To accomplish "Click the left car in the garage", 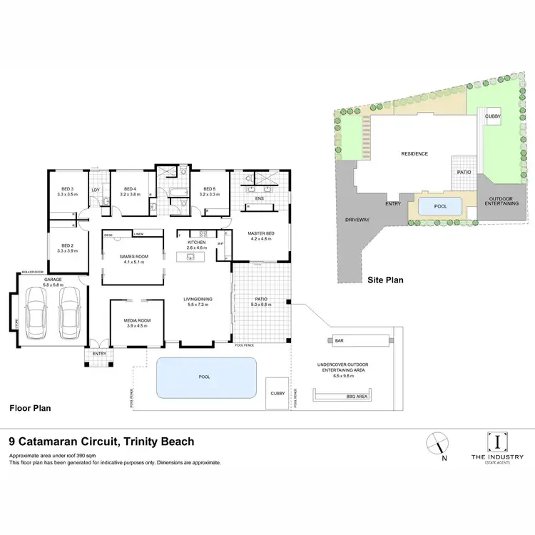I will [37, 314].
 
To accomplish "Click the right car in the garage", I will [70, 314].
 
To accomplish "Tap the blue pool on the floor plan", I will [205, 377].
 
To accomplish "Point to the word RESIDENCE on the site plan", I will [414, 154].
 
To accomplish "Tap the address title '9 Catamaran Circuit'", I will [101, 442].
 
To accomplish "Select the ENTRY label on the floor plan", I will [98, 353].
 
